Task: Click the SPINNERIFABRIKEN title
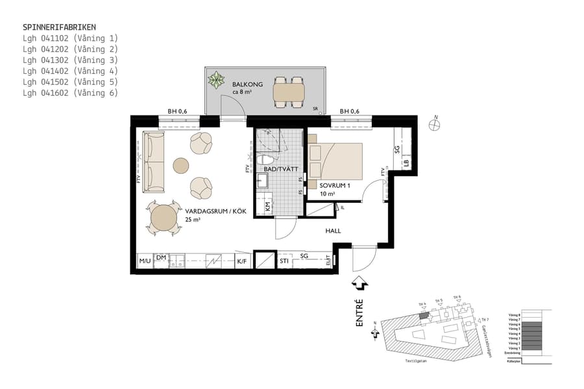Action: click(59, 27)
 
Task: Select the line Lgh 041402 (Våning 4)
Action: click(70, 71)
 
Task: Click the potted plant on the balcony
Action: click(215, 82)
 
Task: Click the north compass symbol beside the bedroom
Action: click(436, 125)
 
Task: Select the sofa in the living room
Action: click(154, 162)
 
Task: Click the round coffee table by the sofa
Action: click(180, 165)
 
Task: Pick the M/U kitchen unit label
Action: click(145, 261)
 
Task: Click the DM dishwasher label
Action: click(161, 258)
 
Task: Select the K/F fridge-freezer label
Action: click(242, 261)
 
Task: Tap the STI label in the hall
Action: click(284, 261)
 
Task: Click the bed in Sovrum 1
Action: click(335, 160)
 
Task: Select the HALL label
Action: click(333, 231)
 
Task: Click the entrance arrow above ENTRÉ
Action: click(359, 283)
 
